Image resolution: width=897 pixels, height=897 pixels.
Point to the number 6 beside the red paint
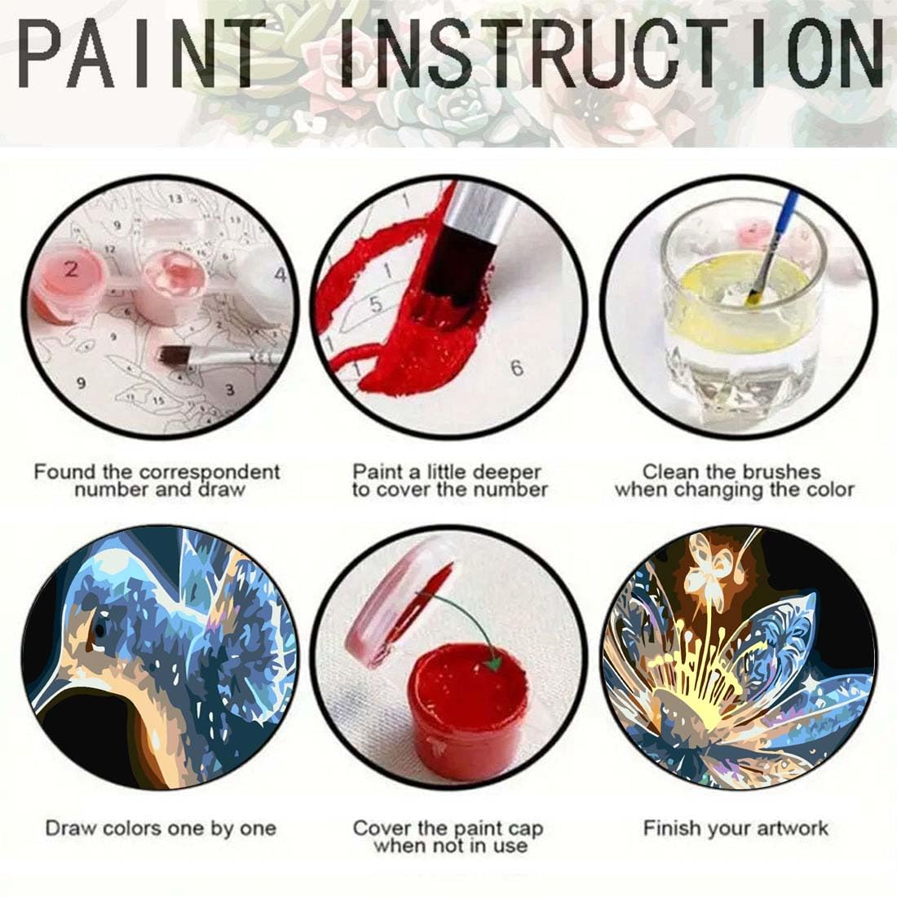(x=516, y=369)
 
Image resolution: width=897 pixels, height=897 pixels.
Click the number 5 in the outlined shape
(x=375, y=305)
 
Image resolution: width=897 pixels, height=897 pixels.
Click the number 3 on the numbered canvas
(x=230, y=390)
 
